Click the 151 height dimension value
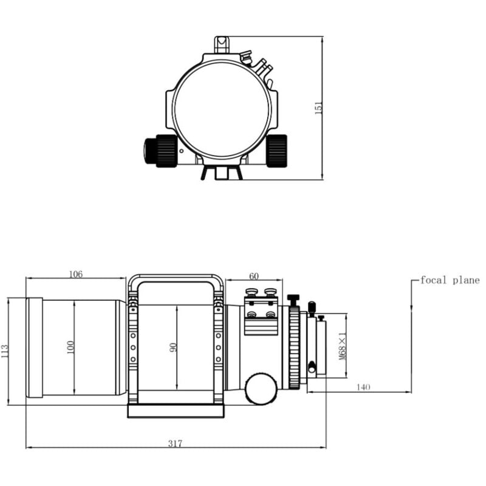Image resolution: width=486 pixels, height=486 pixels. (x=318, y=108)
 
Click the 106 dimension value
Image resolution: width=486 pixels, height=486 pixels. (x=75, y=274)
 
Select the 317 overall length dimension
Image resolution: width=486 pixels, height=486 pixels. (x=175, y=443)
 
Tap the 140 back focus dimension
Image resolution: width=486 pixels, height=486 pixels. (x=364, y=387)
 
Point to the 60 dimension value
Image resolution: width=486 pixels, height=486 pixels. (x=254, y=276)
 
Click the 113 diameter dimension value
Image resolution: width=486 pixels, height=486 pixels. (x=5, y=351)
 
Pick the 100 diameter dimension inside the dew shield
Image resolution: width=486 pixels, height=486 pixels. (x=70, y=347)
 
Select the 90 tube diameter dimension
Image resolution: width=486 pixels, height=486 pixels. (x=173, y=347)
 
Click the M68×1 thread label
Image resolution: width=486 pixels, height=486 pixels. (x=342, y=346)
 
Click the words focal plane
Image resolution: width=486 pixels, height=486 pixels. (x=450, y=280)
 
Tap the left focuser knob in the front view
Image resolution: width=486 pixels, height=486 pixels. (x=160, y=150)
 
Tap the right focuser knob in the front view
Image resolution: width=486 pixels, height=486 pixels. (x=277, y=150)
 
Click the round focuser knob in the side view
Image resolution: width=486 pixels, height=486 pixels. (x=261, y=388)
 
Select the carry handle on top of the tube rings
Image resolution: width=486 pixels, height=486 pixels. (x=176, y=279)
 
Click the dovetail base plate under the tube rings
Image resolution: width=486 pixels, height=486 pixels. (x=176, y=411)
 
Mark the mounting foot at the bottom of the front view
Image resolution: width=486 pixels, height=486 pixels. (x=222, y=173)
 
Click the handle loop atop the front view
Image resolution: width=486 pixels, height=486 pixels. (x=222, y=43)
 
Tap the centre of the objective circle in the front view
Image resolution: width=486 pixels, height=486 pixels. (x=222, y=108)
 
